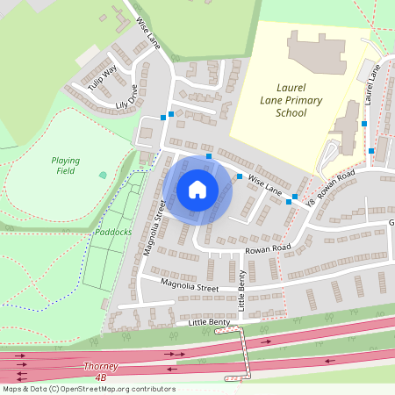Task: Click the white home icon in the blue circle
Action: [x=197, y=189]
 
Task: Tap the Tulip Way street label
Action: [x=103, y=77]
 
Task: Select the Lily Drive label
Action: [x=120, y=103]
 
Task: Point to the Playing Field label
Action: [x=65, y=166]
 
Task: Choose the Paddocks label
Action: [x=112, y=233]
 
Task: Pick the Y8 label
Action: [x=310, y=203]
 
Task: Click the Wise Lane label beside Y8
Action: [x=265, y=184]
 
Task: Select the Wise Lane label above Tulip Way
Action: [x=147, y=34]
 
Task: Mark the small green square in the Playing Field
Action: [x=103, y=175]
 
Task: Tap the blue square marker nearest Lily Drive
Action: [x=163, y=118]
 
